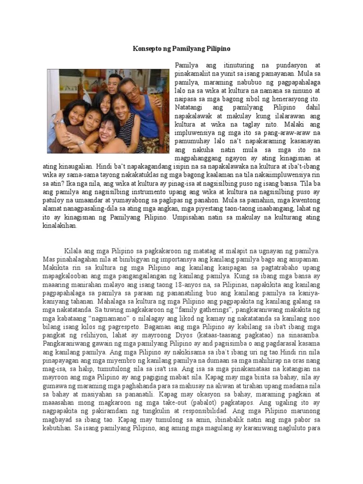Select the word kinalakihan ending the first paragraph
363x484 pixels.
pos(59,226)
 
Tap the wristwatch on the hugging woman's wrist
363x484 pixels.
pos(81,141)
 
